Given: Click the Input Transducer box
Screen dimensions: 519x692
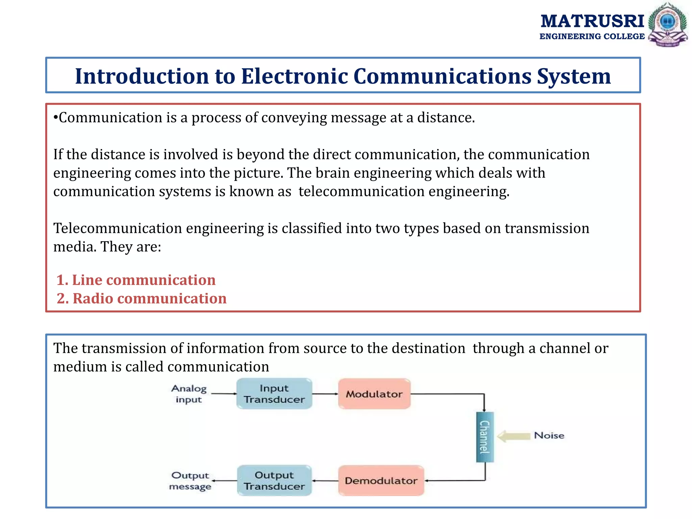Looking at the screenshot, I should (x=274, y=394).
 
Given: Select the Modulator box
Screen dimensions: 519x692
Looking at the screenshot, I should (x=374, y=394).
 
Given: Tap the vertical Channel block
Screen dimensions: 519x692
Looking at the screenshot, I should (x=485, y=437).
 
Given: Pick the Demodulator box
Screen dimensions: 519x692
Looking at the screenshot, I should (x=381, y=480).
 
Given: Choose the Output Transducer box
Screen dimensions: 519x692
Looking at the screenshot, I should (x=274, y=480).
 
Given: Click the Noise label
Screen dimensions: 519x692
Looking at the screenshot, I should (x=549, y=436).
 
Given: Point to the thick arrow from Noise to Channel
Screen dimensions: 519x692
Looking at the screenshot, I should (x=514, y=436).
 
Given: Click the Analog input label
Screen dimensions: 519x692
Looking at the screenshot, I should (x=189, y=394).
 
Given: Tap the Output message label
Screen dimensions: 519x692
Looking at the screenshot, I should (x=190, y=481).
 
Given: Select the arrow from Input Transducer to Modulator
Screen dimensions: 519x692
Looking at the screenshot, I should (x=325, y=394).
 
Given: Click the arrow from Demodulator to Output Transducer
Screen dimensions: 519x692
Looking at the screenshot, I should (x=325, y=480).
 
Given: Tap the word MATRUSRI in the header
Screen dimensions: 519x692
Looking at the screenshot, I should (x=592, y=21).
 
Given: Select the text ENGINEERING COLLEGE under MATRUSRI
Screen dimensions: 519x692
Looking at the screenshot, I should (x=592, y=36).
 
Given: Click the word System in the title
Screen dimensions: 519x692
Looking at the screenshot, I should (x=574, y=76).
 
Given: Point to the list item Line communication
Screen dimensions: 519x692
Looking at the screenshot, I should (x=136, y=280).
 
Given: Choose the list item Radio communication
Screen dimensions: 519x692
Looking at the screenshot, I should (x=142, y=299).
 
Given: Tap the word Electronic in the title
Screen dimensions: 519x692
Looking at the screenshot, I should (x=294, y=76).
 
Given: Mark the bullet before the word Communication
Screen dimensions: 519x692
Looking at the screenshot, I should (x=56, y=118).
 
